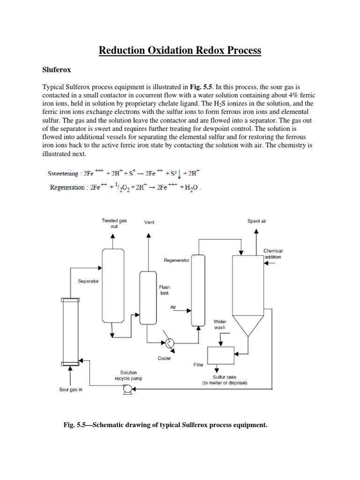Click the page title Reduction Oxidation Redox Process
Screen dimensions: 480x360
pyautogui.click(x=180, y=50)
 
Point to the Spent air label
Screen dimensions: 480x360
pyautogui.click(x=256, y=221)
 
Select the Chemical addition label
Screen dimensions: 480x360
pyautogui.click(x=273, y=254)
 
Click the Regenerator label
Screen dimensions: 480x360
pyautogui.click(x=177, y=260)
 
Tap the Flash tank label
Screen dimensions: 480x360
pyautogui.click(x=165, y=290)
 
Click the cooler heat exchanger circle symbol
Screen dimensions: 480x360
pyautogui.click(x=168, y=343)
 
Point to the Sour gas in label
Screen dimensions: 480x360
pyautogui.click(x=70, y=390)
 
